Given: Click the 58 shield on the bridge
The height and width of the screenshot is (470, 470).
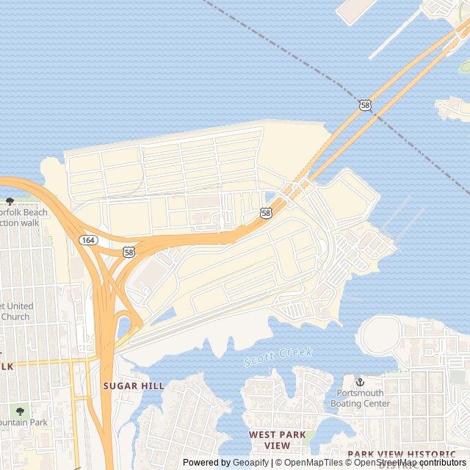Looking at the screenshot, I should tap(366, 106).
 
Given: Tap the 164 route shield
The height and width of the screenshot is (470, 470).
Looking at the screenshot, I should tap(88, 240).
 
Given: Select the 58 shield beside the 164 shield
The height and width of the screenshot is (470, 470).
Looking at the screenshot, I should tap(129, 252).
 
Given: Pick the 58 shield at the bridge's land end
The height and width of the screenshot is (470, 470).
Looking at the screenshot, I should tap(266, 213).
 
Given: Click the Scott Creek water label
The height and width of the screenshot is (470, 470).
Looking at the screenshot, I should tap(278, 357).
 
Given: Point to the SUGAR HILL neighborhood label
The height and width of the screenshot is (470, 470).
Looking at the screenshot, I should tap(134, 386).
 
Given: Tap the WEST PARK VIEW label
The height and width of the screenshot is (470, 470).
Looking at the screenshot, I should tap(278, 440).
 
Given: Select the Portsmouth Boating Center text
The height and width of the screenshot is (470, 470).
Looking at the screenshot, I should tap(361, 398).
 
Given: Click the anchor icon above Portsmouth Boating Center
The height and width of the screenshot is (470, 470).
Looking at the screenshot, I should tap(360, 383).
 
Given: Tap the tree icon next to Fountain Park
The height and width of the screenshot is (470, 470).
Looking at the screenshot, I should tap(20, 411).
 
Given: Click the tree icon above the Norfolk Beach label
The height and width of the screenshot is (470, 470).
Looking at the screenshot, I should tap(10, 201).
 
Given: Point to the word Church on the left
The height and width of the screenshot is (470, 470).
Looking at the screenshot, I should tap(15, 317).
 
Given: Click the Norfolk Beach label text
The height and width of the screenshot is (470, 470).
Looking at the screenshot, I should tap(25, 213).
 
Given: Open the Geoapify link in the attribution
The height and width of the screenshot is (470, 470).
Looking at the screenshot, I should tap(251, 463).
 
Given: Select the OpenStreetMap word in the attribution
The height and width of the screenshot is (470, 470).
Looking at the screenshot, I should tap(389, 463).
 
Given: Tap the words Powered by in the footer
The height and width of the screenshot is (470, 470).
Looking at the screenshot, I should tap(206, 463).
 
